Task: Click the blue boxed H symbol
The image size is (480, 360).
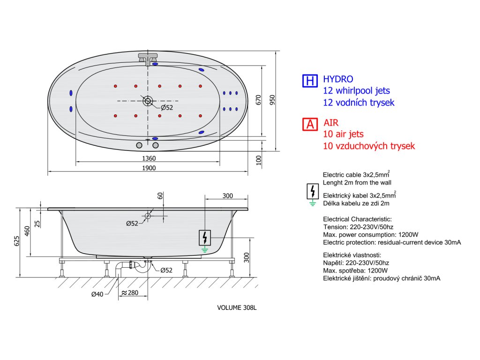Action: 309,81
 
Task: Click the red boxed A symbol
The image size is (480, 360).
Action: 309,124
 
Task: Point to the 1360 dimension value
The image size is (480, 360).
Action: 149,158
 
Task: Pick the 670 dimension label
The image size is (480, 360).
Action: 257,99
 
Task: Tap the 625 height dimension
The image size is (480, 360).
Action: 17,241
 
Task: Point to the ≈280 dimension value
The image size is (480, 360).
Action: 129,293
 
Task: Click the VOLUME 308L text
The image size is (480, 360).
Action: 237,308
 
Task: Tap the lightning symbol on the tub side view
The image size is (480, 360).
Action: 204,238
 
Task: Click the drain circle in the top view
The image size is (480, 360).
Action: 148,100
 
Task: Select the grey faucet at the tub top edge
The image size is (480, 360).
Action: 148,58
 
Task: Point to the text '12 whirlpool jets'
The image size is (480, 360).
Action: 356,90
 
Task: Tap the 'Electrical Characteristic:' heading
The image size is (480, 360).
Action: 357,219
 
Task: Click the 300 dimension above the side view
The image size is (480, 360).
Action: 227,195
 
